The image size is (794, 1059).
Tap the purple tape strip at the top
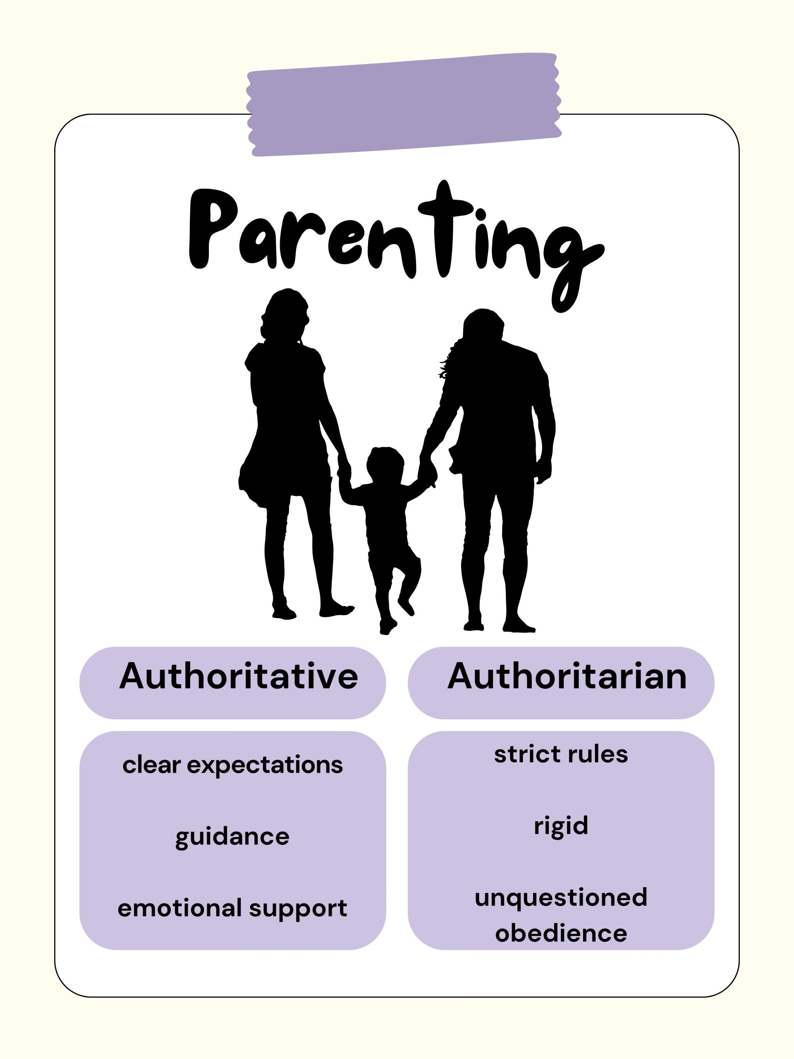click(x=404, y=104)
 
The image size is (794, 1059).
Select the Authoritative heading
click(x=238, y=676)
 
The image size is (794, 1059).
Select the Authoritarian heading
click(x=567, y=676)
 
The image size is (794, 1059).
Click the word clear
click(x=151, y=764)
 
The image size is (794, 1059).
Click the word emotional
click(x=179, y=908)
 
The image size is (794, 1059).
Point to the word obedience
click(x=561, y=933)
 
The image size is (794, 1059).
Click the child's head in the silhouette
click(x=385, y=465)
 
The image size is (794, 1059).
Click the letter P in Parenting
click(x=211, y=229)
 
